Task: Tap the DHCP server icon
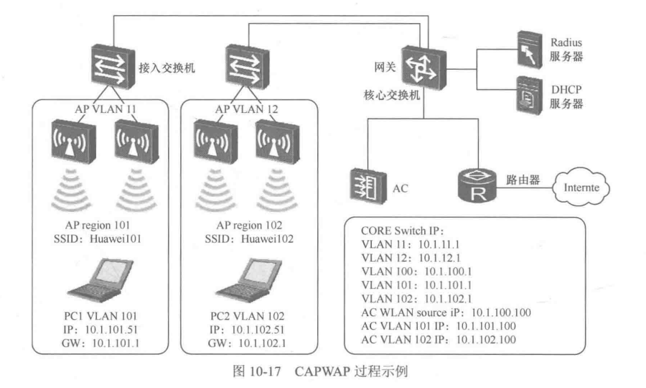coord(528,95)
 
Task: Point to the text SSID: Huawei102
coord(245,236)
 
